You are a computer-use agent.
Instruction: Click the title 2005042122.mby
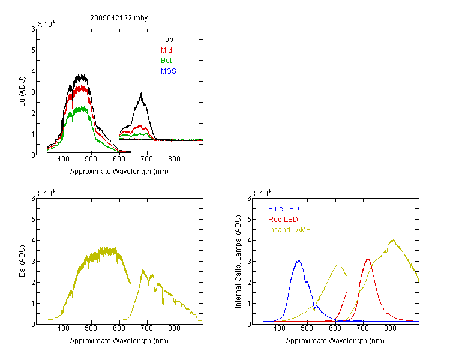click(119, 18)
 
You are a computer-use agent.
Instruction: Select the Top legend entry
click(167, 40)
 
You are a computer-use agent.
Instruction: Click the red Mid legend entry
click(166, 50)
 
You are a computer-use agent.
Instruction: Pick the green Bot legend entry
click(166, 61)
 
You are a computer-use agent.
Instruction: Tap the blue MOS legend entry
click(169, 71)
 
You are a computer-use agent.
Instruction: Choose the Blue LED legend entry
click(284, 209)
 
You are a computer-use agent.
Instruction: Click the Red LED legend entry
click(283, 220)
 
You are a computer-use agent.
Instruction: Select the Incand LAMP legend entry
click(289, 230)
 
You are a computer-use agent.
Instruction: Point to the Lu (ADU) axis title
click(22, 92)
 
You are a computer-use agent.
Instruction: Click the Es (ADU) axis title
click(22, 261)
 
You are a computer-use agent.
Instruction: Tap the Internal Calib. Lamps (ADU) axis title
click(238, 262)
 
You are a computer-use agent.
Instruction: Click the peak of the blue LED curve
click(299, 261)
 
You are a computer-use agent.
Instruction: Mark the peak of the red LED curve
click(368, 259)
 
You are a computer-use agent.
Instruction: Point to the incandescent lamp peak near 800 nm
click(392, 240)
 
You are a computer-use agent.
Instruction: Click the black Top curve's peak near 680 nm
click(141, 94)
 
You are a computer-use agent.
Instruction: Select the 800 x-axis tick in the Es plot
click(174, 328)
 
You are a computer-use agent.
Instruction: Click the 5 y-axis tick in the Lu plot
click(33, 50)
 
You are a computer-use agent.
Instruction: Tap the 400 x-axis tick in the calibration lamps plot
click(280, 328)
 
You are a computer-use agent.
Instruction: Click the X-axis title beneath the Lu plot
click(119, 172)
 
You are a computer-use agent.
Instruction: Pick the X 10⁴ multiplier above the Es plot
click(46, 193)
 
